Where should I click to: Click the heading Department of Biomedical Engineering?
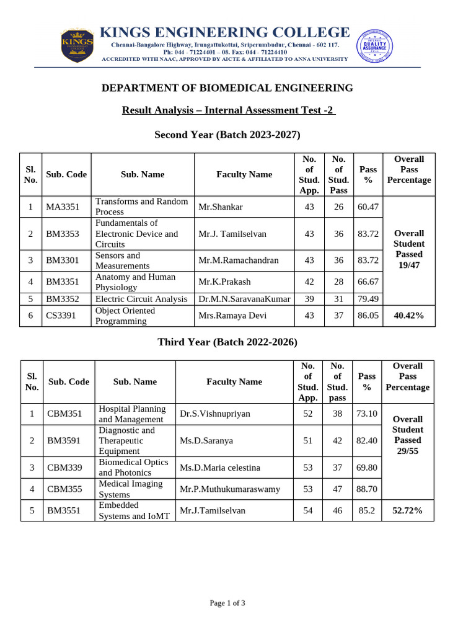(227, 88)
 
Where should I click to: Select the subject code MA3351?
(63, 206)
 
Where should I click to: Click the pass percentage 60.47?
(368, 206)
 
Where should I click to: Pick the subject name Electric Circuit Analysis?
(141, 299)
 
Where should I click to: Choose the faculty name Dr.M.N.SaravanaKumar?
(244, 299)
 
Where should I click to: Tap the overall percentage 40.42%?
(409, 316)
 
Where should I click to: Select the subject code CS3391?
(61, 316)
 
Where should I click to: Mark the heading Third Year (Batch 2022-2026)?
(227, 342)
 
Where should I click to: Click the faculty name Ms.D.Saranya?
(206, 440)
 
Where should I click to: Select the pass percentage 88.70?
(367, 489)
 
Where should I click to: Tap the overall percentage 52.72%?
(407, 510)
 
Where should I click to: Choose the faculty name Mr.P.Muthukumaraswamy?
(230, 489)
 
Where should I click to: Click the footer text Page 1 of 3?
(227, 603)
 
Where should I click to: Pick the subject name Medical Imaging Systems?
(131, 489)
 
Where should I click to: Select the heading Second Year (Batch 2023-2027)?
(227, 135)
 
